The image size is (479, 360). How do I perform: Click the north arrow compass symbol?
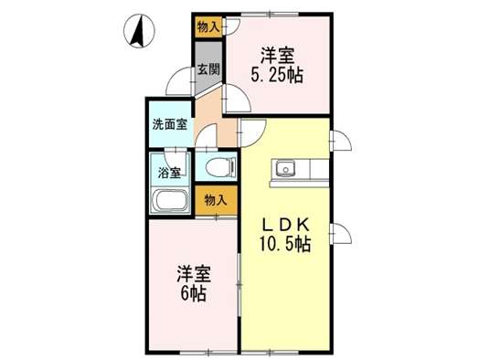pyautogui.click(x=139, y=31)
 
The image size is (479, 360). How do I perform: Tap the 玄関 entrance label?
pyautogui.click(x=208, y=70)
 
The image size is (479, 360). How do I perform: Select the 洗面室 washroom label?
pyautogui.click(x=169, y=125)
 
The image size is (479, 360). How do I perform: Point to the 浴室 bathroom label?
pyautogui.click(x=169, y=173)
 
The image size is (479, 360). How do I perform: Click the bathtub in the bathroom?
pyautogui.click(x=171, y=201)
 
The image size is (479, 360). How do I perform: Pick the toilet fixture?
pyautogui.click(x=220, y=167)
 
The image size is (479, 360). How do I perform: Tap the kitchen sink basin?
pyautogui.click(x=285, y=169)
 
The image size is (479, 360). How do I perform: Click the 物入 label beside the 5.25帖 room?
pyautogui.click(x=208, y=27)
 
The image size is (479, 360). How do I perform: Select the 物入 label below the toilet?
pyautogui.click(x=216, y=200)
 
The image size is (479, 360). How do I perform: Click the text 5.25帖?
pyautogui.click(x=277, y=75)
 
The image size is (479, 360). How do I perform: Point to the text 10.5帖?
pyautogui.click(x=285, y=244)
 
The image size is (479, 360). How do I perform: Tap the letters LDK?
pyautogui.click(x=286, y=226)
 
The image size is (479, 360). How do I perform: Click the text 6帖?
pyautogui.click(x=193, y=293)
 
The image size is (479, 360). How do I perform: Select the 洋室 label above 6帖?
pyautogui.click(x=194, y=274)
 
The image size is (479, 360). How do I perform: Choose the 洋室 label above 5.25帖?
pyautogui.click(x=277, y=56)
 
